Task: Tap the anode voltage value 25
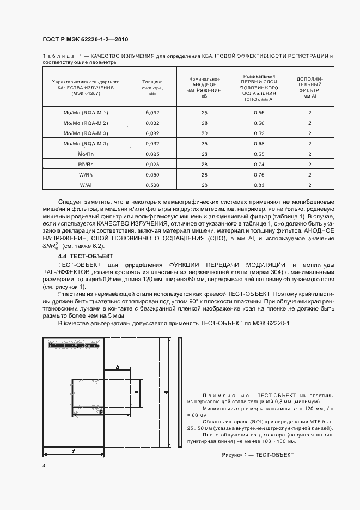pyautogui.click(x=205, y=112)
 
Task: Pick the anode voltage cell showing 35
pyautogui.click(x=205, y=143)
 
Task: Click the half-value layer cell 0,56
pyautogui.click(x=259, y=112)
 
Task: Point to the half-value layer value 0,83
pyautogui.click(x=259, y=185)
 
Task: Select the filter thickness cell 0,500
pyautogui.click(x=152, y=185)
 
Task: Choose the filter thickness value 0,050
pyautogui.click(x=152, y=175)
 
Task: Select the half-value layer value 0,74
pyautogui.click(x=259, y=165)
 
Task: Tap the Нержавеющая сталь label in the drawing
pyautogui.click(x=74, y=345)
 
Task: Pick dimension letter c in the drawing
pyautogui.click(x=101, y=412)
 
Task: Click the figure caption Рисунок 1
pyautogui.click(x=258, y=454)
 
